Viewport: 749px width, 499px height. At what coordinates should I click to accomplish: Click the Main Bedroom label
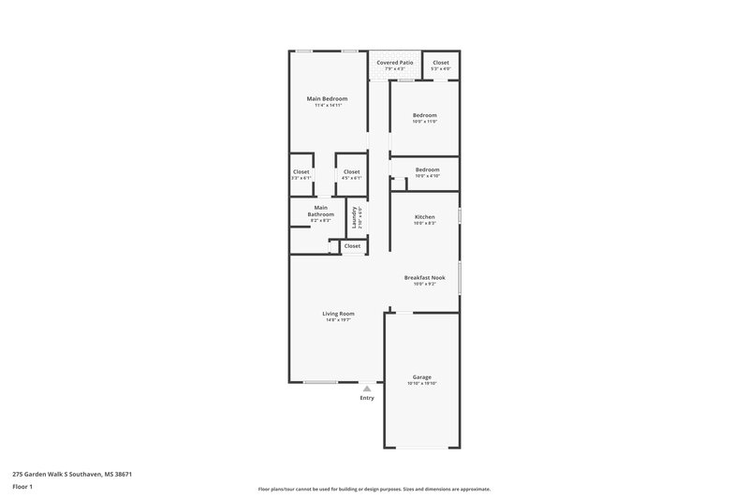tap(328, 98)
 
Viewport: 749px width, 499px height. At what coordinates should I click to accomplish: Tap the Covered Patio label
tap(395, 62)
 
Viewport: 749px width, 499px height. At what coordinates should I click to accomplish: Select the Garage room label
tap(421, 376)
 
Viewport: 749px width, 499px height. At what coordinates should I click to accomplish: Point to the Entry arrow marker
tap(367, 389)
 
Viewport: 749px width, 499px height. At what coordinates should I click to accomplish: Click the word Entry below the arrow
tap(367, 398)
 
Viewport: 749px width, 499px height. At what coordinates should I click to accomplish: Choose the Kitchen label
tap(425, 216)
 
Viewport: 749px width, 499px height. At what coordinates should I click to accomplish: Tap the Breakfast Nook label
tap(424, 277)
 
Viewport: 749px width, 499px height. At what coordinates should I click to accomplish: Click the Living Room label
tap(338, 314)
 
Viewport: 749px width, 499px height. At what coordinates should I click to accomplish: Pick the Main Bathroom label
tap(321, 211)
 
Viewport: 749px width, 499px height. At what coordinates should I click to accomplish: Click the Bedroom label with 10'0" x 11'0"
tap(425, 115)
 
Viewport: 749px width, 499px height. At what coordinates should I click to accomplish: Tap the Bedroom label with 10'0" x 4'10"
tap(427, 169)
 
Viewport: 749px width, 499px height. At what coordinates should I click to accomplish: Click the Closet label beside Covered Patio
tap(441, 62)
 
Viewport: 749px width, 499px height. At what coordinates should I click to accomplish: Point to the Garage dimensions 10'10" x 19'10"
tap(422, 384)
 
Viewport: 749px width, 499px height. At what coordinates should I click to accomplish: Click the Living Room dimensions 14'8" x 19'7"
tap(338, 320)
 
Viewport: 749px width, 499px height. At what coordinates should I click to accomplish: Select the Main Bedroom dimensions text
tap(328, 105)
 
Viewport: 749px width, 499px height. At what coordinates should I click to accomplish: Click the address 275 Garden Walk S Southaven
tap(72, 474)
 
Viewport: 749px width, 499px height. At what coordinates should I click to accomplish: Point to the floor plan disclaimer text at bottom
tap(374, 489)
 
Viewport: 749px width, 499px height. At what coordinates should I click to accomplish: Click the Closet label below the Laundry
tap(352, 246)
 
